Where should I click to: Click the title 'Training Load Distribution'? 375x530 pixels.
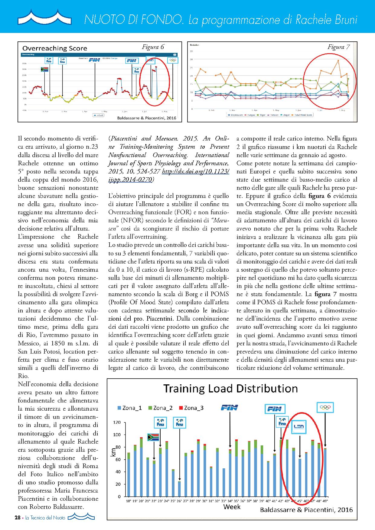pyautogui.click(x=230, y=388)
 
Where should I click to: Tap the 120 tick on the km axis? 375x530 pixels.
pyautogui.click(x=116, y=422)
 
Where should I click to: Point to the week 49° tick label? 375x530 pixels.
pyautogui.click(x=325, y=500)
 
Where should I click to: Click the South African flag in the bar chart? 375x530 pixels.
pyautogui.click(x=153, y=437)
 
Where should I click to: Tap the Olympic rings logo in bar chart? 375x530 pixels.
pyautogui.click(x=325, y=408)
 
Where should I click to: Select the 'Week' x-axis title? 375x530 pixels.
pyautogui.click(x=232, y=506)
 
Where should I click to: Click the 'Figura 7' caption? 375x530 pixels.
pyautogui.click(x=339, y=47)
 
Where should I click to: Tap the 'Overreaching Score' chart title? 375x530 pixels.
pyautogui.click(x=55, y=48)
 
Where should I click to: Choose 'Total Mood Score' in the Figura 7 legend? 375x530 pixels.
pyautogui.click(x=305, y=115)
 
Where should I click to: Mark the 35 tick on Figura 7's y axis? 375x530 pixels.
pyautogui.click(x=191, y=51)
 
